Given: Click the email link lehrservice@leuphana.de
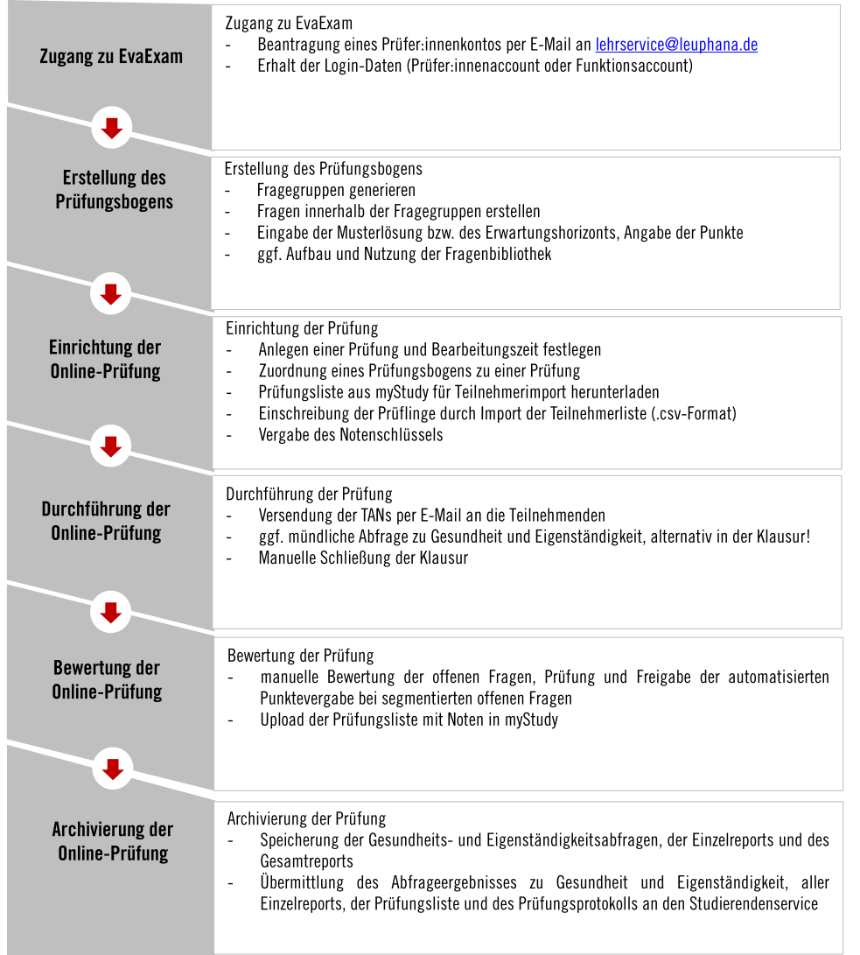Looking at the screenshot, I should [676, 45].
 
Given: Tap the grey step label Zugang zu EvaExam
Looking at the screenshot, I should [111, 57].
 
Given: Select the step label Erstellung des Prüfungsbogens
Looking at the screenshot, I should [115, 190].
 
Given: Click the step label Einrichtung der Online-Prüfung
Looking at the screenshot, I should [106, 359].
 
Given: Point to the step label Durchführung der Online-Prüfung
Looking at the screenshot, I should [106, 521].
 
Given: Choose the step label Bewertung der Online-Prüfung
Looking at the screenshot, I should [107, 680].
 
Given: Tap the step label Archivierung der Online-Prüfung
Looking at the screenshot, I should [113, 841].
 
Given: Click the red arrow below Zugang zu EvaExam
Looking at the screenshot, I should [111, 130].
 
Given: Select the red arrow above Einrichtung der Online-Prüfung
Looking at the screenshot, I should [110, 293].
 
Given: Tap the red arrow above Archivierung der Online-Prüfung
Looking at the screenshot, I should [111, 769].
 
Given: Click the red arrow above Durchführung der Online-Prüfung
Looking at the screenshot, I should [110, 446].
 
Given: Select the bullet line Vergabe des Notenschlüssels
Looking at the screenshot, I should [350, 435].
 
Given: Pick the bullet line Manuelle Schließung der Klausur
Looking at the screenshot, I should [363, 558].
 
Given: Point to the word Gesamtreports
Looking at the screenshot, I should [306, 862].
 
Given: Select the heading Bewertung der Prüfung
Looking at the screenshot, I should [300, 656].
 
